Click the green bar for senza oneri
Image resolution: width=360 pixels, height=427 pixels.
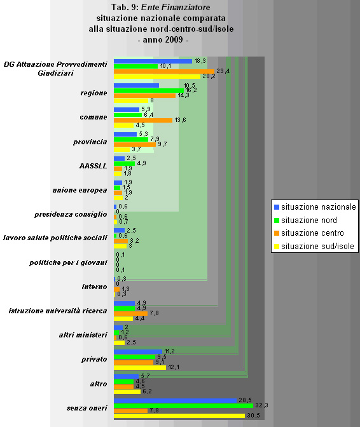coord(183,405)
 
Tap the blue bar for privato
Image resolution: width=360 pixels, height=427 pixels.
coord(137,351)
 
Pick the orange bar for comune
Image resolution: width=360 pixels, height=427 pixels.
coord(142,120)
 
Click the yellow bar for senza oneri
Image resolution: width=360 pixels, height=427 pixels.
coord(179,416)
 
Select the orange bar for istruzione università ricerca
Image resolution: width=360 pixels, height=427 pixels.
coord(130,313)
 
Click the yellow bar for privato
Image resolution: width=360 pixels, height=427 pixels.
coord(139,367)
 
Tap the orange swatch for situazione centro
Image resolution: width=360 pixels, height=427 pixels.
coord(276,233)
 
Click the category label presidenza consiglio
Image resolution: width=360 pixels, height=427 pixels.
coord(71,214)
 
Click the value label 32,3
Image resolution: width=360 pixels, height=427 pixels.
coord(262,405)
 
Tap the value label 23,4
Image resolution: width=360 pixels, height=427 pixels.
coord(223,71)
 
